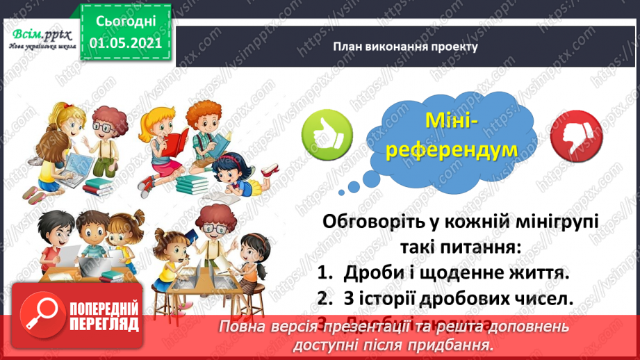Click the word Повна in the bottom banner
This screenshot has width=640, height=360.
pos(239,327)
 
